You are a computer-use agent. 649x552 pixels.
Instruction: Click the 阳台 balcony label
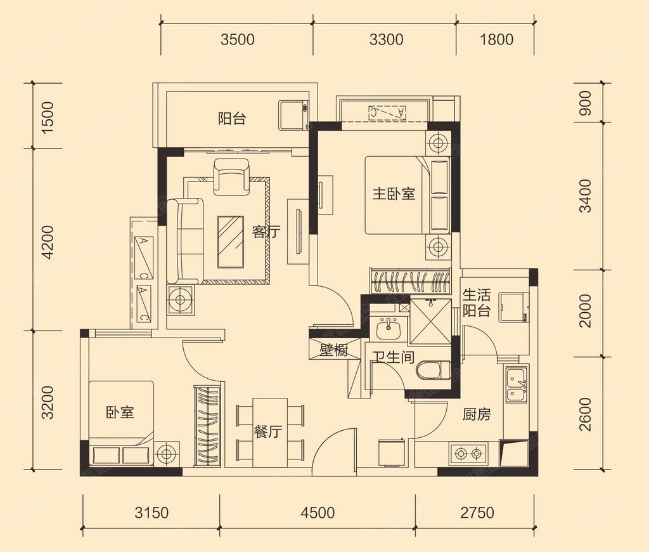click(232, 119)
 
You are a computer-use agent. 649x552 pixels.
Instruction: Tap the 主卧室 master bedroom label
click(394, 194)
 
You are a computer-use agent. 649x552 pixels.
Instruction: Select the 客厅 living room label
click(266, 232)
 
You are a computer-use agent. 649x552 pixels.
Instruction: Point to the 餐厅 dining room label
click(268, 432)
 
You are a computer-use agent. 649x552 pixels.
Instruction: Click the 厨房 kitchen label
click(477, 414)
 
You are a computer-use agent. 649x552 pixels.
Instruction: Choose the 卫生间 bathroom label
click(393, 357)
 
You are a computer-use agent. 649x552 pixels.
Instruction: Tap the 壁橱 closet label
click(333, 351)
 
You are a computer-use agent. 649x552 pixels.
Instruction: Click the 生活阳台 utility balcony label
click(477, 303)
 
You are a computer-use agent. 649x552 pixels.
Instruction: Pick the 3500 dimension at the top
click(237, 40)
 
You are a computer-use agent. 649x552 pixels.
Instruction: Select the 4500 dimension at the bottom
click(318, 513)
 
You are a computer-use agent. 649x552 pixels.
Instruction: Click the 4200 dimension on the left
click(48, 242)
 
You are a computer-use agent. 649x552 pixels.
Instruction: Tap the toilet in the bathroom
click(434, 370)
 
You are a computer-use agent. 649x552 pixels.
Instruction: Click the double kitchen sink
click(516, 383)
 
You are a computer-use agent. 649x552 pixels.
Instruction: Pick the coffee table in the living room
click(231, 242)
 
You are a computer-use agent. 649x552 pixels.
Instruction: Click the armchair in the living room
click(231, 176)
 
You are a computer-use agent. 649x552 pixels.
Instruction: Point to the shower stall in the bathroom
click(430, 321)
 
